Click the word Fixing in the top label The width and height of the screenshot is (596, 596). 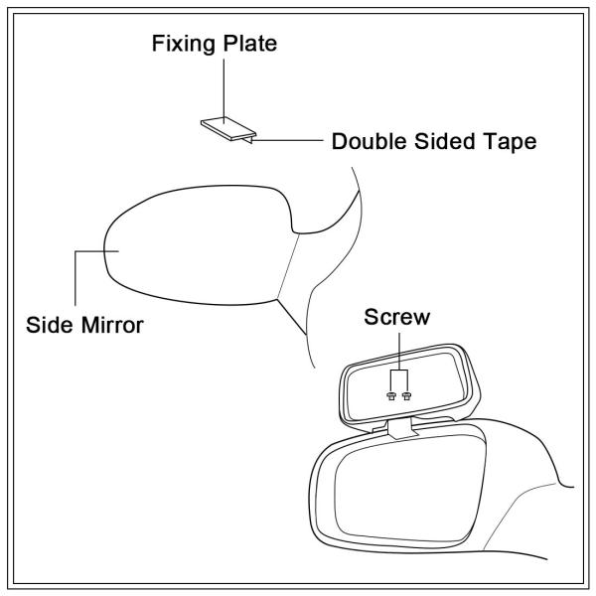[184, 45]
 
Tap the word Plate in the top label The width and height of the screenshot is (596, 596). [250, 43]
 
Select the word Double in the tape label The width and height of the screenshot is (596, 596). [369, 141]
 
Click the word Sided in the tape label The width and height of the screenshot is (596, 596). [444, 141]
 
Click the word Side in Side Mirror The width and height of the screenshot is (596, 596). [50, 326]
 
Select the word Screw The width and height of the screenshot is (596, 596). [396, 317]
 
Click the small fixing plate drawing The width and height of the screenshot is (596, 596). [228, 128]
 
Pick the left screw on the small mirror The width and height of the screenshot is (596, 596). [391, 396]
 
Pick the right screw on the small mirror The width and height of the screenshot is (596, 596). [406, 396]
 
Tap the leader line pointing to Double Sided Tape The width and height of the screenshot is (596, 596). [288, 140]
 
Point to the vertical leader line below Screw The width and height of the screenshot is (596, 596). [399, 352]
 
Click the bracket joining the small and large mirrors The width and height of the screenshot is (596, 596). [402, 428]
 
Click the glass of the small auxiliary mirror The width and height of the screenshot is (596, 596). [406, 387]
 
